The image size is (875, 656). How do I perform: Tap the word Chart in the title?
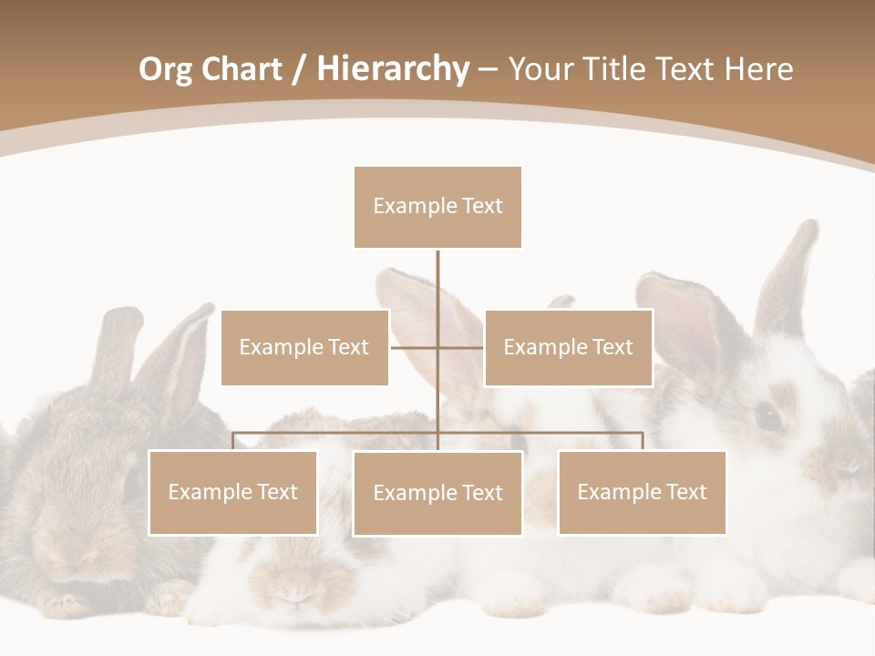coord(242,69)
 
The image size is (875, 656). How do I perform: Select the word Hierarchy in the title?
coord(393,69)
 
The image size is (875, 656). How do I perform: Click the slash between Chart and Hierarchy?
coord(299,70)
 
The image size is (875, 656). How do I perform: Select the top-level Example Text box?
coord(437,207)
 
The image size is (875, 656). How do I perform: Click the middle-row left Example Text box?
coord(304,347)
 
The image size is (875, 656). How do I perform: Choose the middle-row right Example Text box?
coord(568,347)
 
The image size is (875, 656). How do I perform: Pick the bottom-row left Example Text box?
coord(232,493)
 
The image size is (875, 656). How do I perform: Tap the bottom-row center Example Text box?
coord(437,494)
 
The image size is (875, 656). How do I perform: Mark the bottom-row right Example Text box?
coord(642,493)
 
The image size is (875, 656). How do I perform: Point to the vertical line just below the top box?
coord(437,273)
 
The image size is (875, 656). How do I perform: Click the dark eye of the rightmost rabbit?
coord(769,418)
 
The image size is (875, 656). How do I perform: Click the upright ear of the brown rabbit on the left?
coord(115,346)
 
